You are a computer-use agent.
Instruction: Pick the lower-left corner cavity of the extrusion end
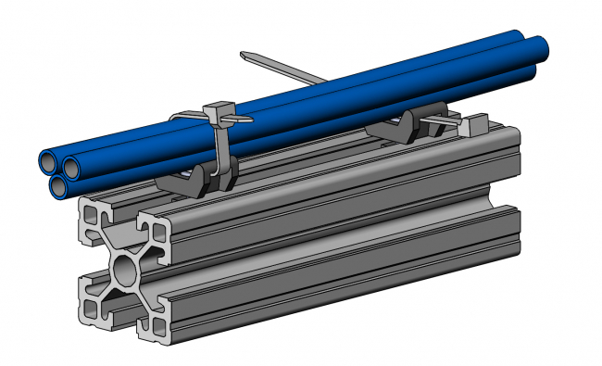click(x=93, y=307)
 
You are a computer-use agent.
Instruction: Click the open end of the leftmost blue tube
click(x=48, y=162)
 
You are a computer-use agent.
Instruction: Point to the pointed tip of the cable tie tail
click(x=242, y=56)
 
